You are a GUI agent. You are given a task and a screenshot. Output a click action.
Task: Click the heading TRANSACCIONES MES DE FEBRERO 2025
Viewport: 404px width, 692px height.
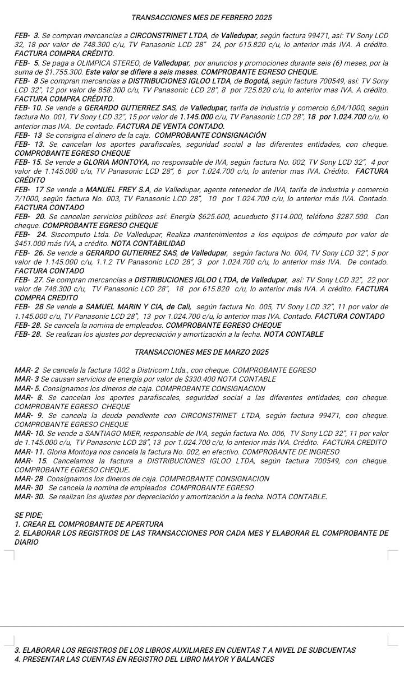[202, 18]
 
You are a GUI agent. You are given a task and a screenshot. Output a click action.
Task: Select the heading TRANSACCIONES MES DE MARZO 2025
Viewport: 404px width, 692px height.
[202, 352]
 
